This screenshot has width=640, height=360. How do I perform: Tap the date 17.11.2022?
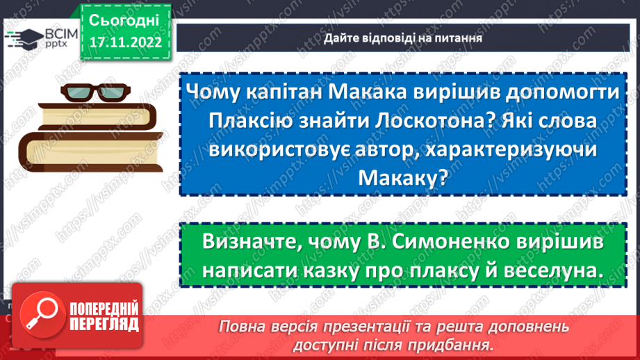[125, 42]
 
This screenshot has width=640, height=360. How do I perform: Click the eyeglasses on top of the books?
[91, 93]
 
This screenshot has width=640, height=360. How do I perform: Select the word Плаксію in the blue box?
[253, 122]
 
